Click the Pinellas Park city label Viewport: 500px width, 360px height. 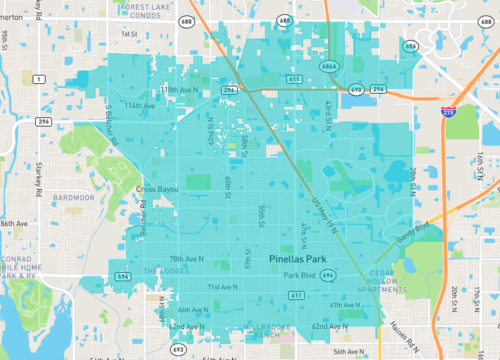[x=305, y=258]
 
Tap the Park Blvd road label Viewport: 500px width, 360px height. [x=299, y=275]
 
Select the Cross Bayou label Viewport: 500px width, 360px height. [x=159, y=188]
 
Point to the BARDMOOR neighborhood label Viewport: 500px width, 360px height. [x=74, y=198]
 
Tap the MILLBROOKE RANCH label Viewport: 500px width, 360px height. [x=256, y=331]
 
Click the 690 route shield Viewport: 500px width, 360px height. [x=356, y=89]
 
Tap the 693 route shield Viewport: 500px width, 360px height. [x=178, y=349]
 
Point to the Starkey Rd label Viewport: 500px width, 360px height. [x=66, y=179]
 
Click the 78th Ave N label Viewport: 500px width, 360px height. [x=187, y=258]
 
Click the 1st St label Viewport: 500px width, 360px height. [x=129, y=33]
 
